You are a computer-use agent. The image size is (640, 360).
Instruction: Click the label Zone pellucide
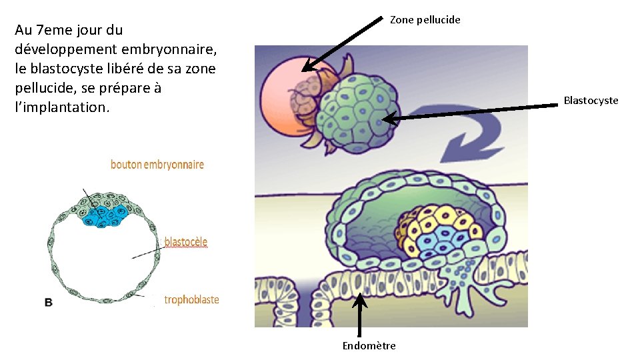click(425, 20)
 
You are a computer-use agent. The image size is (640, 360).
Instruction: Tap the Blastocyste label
click(591, 101)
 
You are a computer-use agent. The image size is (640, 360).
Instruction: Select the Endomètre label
click(369, 345)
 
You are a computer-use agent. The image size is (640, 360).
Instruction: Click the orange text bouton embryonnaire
click(157, 165)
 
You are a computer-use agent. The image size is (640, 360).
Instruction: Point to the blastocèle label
click(186, 241)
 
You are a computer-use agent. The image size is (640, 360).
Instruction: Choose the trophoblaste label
click(191, 300)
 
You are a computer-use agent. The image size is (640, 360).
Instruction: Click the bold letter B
click(49, 303)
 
